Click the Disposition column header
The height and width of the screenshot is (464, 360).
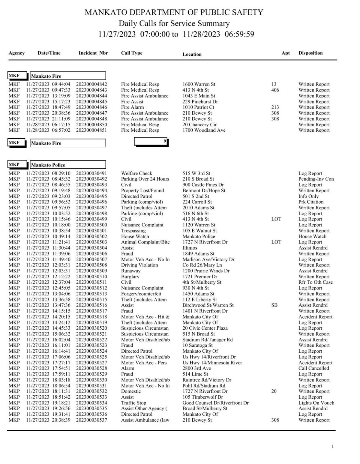click(310, 53)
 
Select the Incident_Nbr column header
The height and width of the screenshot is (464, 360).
click(93, 53)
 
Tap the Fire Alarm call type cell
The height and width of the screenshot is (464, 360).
click(132, 107)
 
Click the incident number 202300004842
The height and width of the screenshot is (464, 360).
click(91, 84)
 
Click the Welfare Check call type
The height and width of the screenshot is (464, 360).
click(136, 173)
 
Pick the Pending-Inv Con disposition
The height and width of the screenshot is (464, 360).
click(316, 179)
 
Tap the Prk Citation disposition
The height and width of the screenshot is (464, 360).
click(311, 202)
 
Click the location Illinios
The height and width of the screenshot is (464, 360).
click(190, 248)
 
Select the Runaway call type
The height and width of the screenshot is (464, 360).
click(131, 271)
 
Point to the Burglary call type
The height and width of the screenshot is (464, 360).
click(130, 277)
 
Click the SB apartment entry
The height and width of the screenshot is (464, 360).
click(274, 305)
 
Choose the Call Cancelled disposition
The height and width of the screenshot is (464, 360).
click(313, 368)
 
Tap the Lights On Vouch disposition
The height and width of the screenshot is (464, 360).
click(316, 403)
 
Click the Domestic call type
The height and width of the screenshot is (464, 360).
click(131, 391)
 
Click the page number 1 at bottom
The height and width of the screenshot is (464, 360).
click(332, 447)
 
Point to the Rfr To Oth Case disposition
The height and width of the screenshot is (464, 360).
click(315, 282)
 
